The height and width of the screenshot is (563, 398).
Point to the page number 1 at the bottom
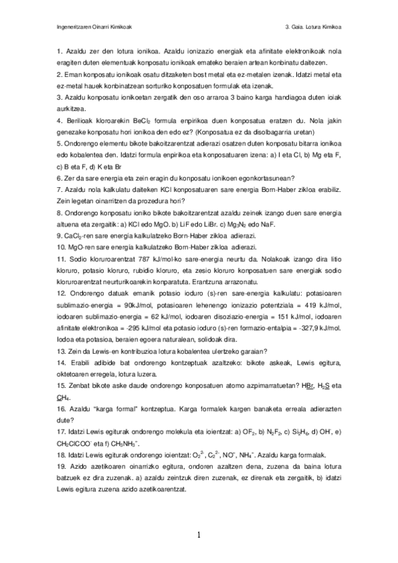tap(199, 534)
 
